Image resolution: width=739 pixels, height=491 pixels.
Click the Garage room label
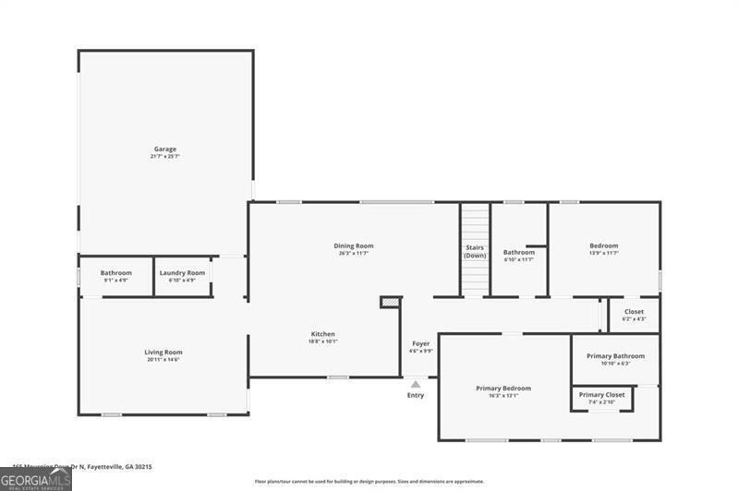(x=164, y=149)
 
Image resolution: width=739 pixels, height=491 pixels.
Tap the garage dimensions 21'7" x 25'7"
(x=164, y=157)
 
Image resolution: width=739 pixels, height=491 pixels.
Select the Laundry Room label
(x=182, y=273)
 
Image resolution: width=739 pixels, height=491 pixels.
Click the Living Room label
(x=163, y=352)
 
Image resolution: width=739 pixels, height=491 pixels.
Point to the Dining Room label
(x=353, y=245)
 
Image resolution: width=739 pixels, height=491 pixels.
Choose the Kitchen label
(x=322, y=334)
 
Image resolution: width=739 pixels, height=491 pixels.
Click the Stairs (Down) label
(x=475, y=251)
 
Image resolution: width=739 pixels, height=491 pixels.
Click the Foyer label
(x=420, y=343)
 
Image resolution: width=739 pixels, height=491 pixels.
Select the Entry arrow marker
(x=416, y=385)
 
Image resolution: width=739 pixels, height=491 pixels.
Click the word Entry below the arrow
(x=416, y=396)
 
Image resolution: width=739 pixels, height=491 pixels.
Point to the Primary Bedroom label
(x=503, y=389)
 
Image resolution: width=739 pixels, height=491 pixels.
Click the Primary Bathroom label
(x=615, y=355)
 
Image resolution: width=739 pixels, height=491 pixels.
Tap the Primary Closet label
(x=601, y=395)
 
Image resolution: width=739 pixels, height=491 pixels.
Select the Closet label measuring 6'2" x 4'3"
(x=634, y=312)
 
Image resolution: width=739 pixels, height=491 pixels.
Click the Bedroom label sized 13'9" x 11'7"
(x=603, y=245)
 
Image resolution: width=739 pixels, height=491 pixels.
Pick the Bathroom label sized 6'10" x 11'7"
(x=518, y=252)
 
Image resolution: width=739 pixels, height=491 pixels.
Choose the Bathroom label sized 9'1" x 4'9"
(x=115, y=273)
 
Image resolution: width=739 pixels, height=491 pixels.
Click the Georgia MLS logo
(x=36, y=479)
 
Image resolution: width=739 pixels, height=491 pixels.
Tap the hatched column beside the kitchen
(x=390, y=301)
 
